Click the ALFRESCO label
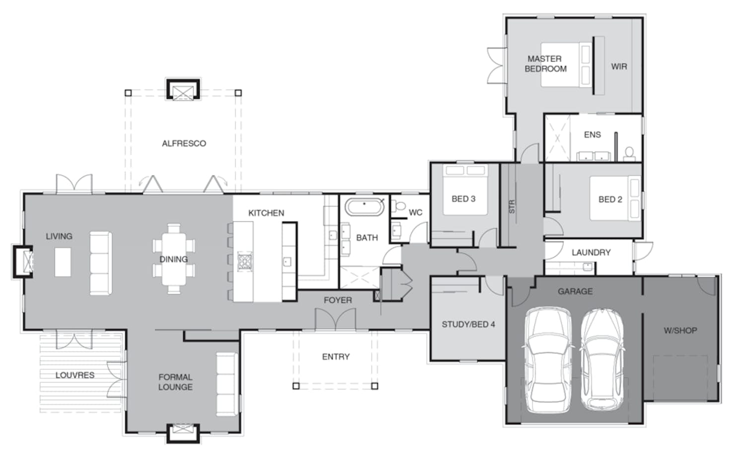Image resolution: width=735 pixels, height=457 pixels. [184, 144]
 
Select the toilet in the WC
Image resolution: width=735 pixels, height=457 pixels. [398, 206]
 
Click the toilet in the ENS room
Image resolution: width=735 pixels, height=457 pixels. [629, 154]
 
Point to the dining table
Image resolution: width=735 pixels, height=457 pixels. [174, 259]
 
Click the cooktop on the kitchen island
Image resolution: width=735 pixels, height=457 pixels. [244, 262]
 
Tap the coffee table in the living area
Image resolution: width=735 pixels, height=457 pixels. [63, 262]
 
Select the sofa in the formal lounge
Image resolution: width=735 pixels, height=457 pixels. [226, 384]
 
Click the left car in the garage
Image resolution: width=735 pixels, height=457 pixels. [548, 360]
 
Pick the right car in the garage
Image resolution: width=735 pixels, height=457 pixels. [602, 360]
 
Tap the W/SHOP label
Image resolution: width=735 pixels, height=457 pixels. [680, 331]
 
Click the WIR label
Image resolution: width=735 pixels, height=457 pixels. [619, 67]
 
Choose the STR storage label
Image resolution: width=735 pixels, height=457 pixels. [512, 207]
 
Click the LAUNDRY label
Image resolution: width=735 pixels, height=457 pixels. [591, 252]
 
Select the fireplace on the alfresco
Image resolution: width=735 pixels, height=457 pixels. [183, 88]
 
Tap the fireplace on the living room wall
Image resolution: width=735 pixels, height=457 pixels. [23, 262]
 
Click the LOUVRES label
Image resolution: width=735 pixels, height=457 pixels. [75, 375]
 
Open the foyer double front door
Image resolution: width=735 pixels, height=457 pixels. [335, 319]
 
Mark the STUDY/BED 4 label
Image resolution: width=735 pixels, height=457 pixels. [468, 325]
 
